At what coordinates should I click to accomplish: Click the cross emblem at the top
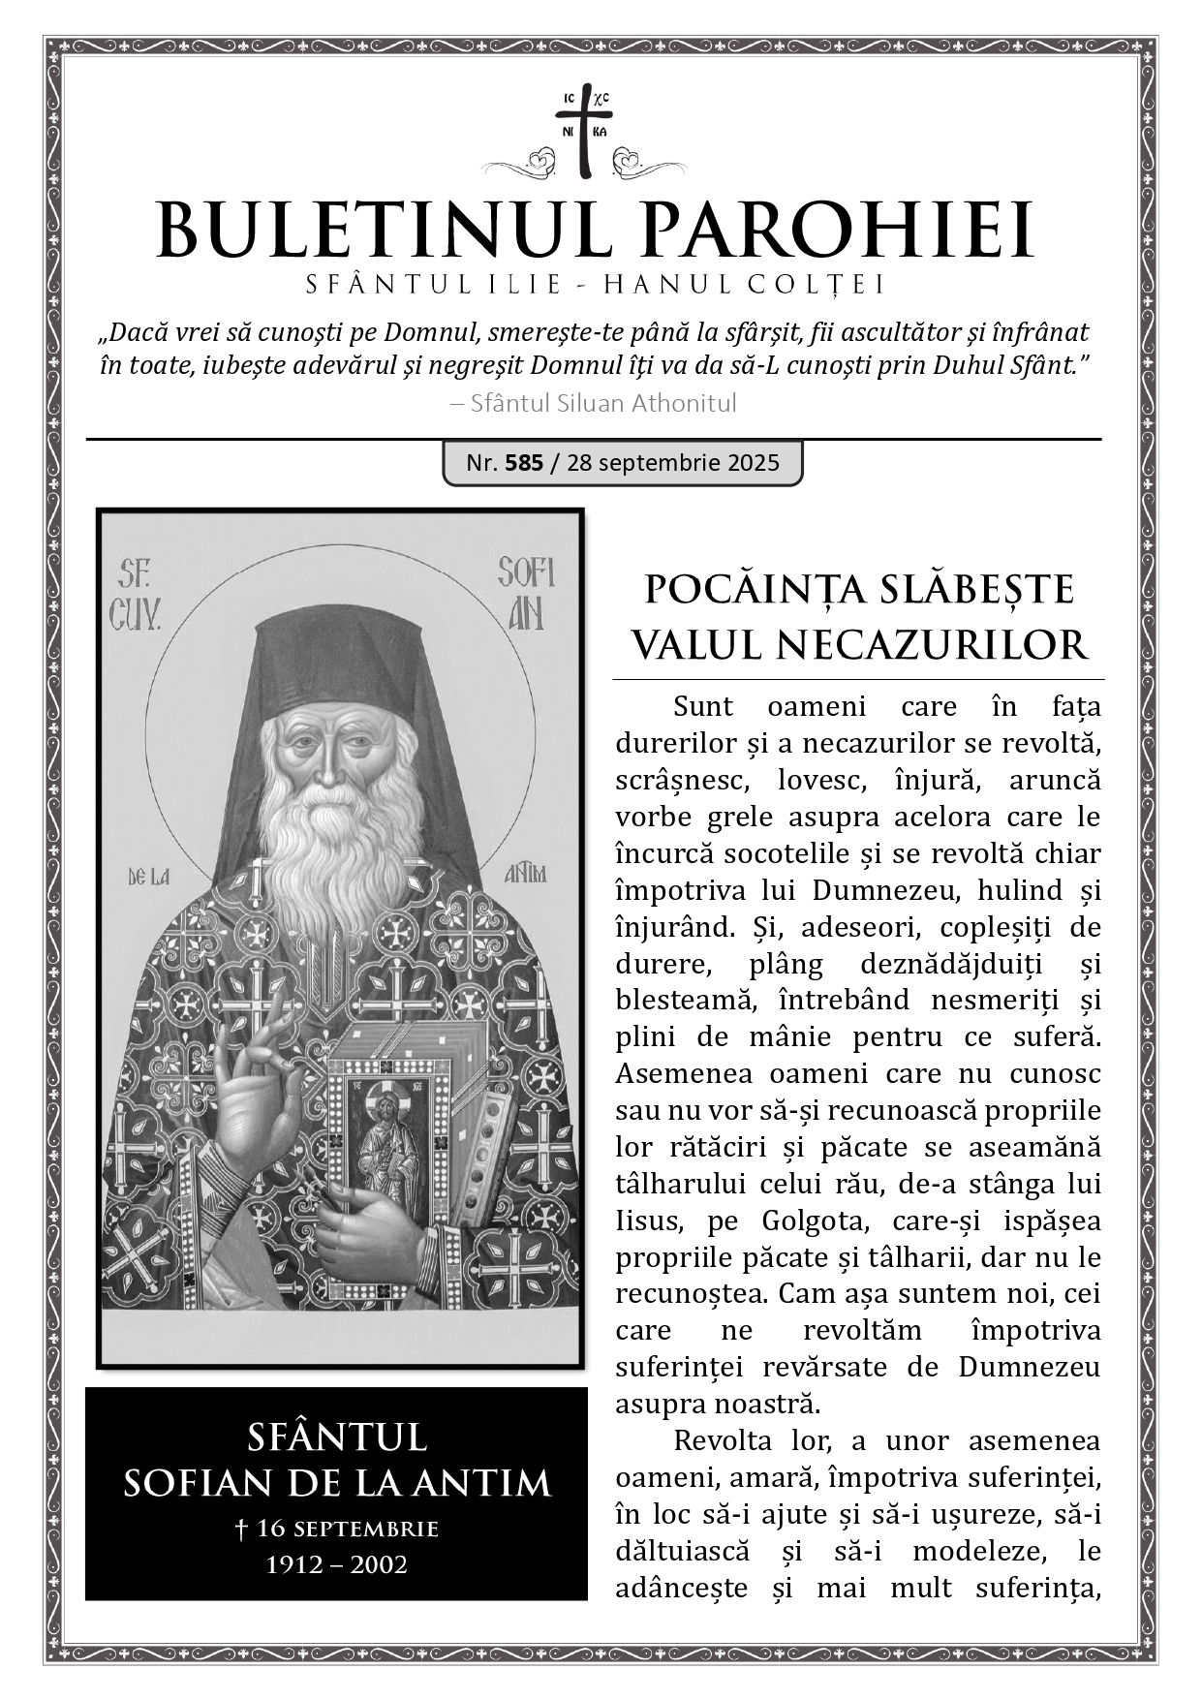(x=584, y=134)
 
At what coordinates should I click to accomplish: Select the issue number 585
(x=524, y=462)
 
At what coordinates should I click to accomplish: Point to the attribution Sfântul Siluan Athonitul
(x=602, y=403)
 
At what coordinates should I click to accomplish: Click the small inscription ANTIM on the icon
(x=526, y=875)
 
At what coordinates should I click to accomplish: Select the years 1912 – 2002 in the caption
(x=336, y=1564)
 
